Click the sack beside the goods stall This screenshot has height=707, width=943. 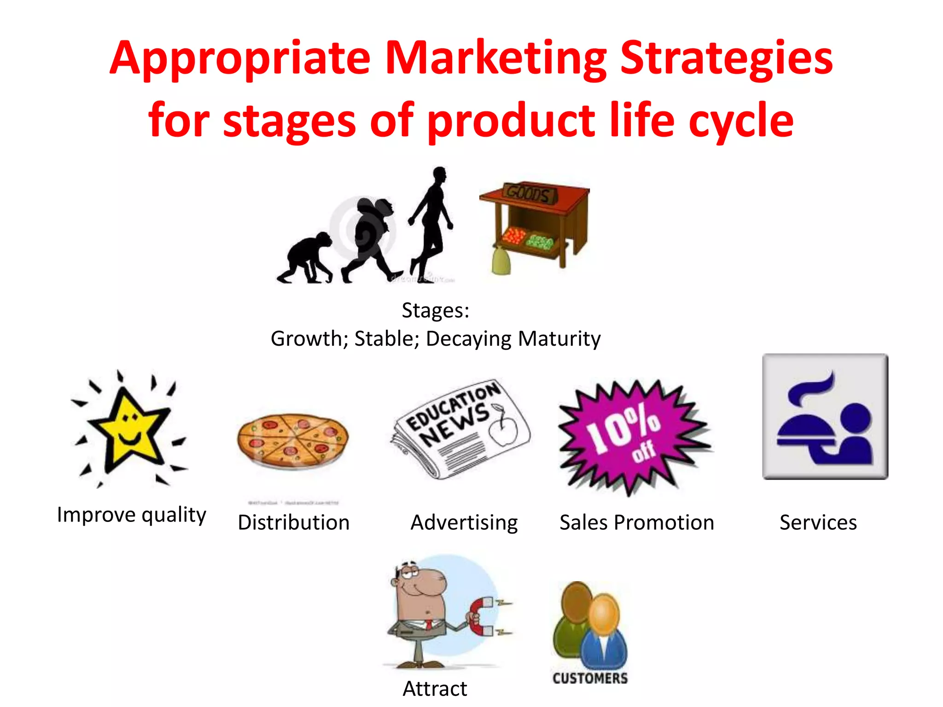click(501, 261)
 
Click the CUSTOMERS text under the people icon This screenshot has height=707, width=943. click(590, 678)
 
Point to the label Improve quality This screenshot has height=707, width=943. click(131, 515)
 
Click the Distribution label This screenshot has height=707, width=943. click(293, 522)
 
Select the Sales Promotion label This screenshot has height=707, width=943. click(636, 522)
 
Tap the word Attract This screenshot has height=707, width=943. click(435, 689)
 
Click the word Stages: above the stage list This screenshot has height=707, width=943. click(435, 310)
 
